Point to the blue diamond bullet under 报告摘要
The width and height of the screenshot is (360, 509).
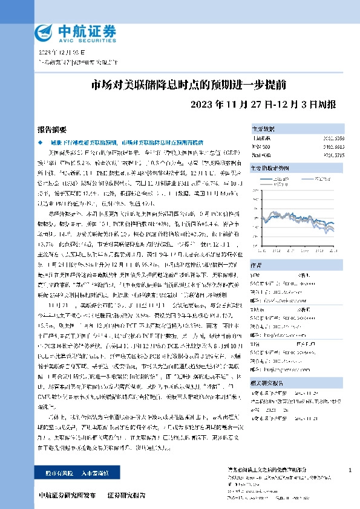click(x=41, y=141)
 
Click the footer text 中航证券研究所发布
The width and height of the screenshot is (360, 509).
click(x=67, y=495)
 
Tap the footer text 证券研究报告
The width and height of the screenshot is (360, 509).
click(x=126, y=495)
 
